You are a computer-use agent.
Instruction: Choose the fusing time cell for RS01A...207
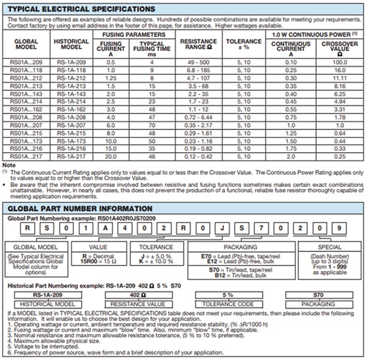pos(149,124)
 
